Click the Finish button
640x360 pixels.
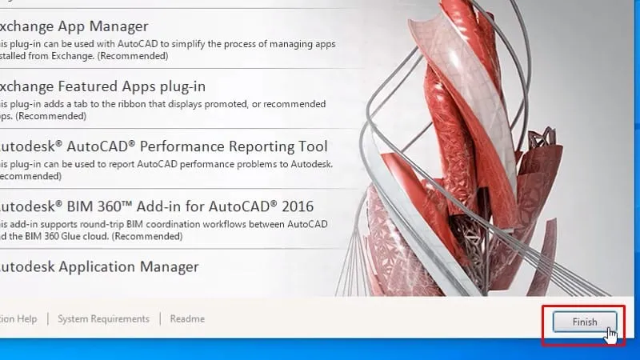pos(584,322)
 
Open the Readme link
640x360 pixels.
pos(187,318)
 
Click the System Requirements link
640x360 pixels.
pos(103,318)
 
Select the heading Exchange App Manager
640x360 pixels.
pos(74,27)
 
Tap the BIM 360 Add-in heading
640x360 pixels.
pos(155,206)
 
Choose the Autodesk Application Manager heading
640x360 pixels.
pos(98,266)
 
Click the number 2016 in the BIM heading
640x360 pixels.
pos(293,206)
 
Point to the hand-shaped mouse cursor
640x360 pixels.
pos(611,333)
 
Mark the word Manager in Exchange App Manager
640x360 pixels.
pos(120,27)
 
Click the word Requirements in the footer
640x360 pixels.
pos(119,318)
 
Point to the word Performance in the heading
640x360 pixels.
pos(160,146)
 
